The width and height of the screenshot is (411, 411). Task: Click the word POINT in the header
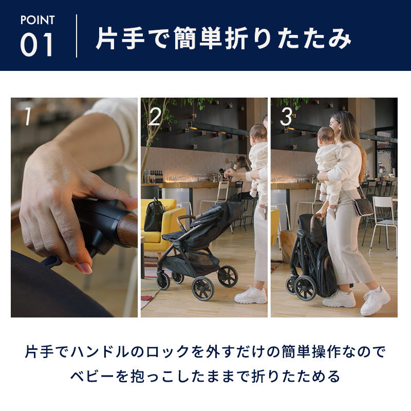[38, 20]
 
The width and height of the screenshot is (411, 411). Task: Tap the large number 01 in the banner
[37, 45]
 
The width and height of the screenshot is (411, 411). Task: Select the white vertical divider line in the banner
[76, 36]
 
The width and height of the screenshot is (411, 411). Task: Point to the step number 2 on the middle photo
[155, 117]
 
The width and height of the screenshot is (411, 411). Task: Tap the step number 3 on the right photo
[286, 117]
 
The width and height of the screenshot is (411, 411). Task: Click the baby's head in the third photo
[326, 136]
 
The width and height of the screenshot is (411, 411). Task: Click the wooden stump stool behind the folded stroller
[289, 246]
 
